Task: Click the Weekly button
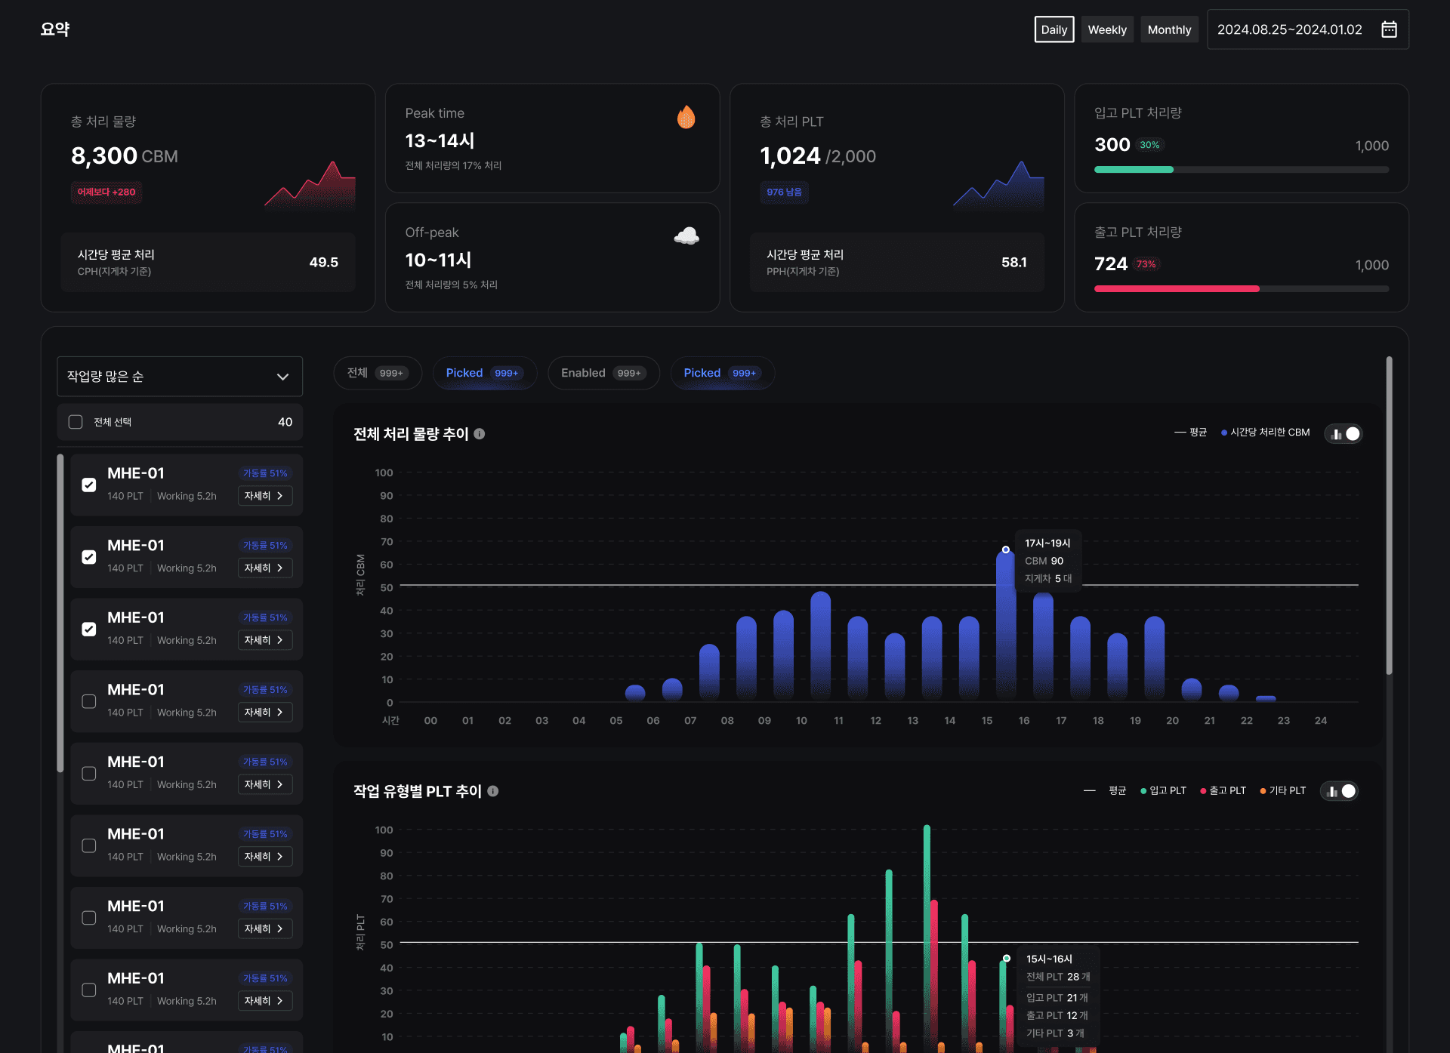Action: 1107,29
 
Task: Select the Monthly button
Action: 1169,29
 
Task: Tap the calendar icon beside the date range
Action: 1389,29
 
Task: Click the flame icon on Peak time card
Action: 686,117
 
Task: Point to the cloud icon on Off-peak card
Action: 686,236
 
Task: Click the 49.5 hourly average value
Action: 323,262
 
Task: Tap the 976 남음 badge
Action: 784,192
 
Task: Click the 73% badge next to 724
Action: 1146,264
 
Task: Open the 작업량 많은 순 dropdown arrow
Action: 282,377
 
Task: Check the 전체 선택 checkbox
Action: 76,422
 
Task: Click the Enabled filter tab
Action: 603,373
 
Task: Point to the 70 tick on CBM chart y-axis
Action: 387,542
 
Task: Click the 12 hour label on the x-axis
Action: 875,721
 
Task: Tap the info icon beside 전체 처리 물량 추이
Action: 480,434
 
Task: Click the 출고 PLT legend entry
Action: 1223,790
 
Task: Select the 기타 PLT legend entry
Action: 1282,790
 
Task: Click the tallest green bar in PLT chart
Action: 927,936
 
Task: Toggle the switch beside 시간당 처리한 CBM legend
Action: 1344,434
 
